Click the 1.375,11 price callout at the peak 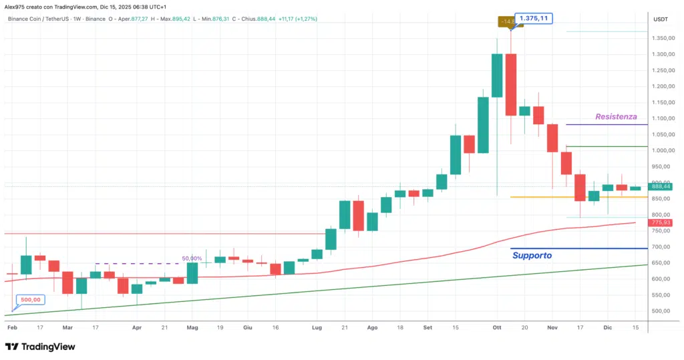tap(534, 18)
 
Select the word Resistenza tap(616, 116)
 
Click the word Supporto tap(532, 255)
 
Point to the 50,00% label tap(192, 258)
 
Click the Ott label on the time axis tap(496, 328)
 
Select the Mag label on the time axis tap(192, 328)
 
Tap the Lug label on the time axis tap(317, 328)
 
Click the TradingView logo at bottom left tap(40, 347)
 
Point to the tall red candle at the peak tap(511, 84)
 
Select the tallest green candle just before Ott tap(497, 75)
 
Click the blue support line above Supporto tap(578, 248)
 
